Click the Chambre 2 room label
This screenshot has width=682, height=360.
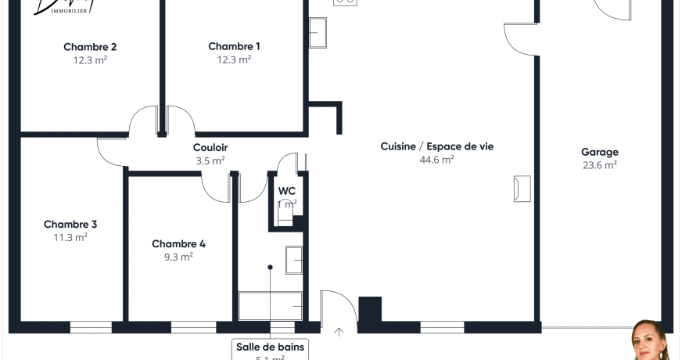pos(90,46)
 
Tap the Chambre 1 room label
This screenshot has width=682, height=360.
pos(234,46)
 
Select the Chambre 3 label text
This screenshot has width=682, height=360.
pos(70,224)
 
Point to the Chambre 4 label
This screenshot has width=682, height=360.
pos(178,243)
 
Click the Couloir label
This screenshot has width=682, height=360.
pos(210,147)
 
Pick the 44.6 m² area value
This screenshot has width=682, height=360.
pos(436,159)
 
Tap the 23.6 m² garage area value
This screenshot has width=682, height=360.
pos(599,164)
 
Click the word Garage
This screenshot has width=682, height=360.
pos(599,152)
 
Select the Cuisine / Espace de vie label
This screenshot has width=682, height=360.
pos(436,146)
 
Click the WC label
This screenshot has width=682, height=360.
pos(287,190)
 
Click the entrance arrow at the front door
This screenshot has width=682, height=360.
pos(339,332)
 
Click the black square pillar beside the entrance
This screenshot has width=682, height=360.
pos(369,308)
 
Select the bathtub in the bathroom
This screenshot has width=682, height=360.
pos(271,305)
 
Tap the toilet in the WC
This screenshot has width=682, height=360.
pos(285,214)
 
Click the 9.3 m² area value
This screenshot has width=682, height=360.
pos(178,256)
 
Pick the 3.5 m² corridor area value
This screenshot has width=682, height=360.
pos(210,160)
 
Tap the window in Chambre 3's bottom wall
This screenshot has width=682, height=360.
pos(91,327)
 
